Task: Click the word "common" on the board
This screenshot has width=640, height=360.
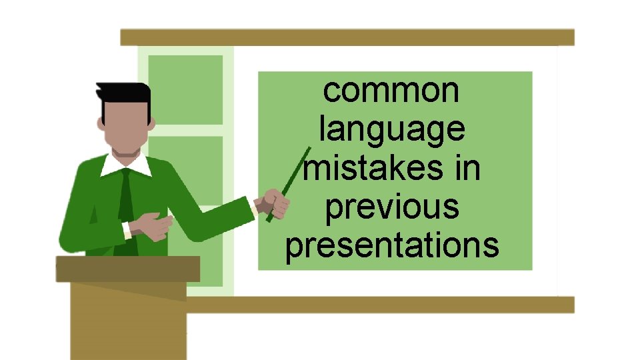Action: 391,91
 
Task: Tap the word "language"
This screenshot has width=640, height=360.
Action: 391,129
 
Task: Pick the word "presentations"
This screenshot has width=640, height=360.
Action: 392,245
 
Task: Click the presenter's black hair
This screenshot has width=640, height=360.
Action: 123,93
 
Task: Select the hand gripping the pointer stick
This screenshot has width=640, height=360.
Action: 275,203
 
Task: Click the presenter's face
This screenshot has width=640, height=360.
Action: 124,127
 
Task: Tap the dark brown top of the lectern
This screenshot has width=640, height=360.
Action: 127,269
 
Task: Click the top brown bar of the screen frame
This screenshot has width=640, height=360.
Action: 347,37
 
